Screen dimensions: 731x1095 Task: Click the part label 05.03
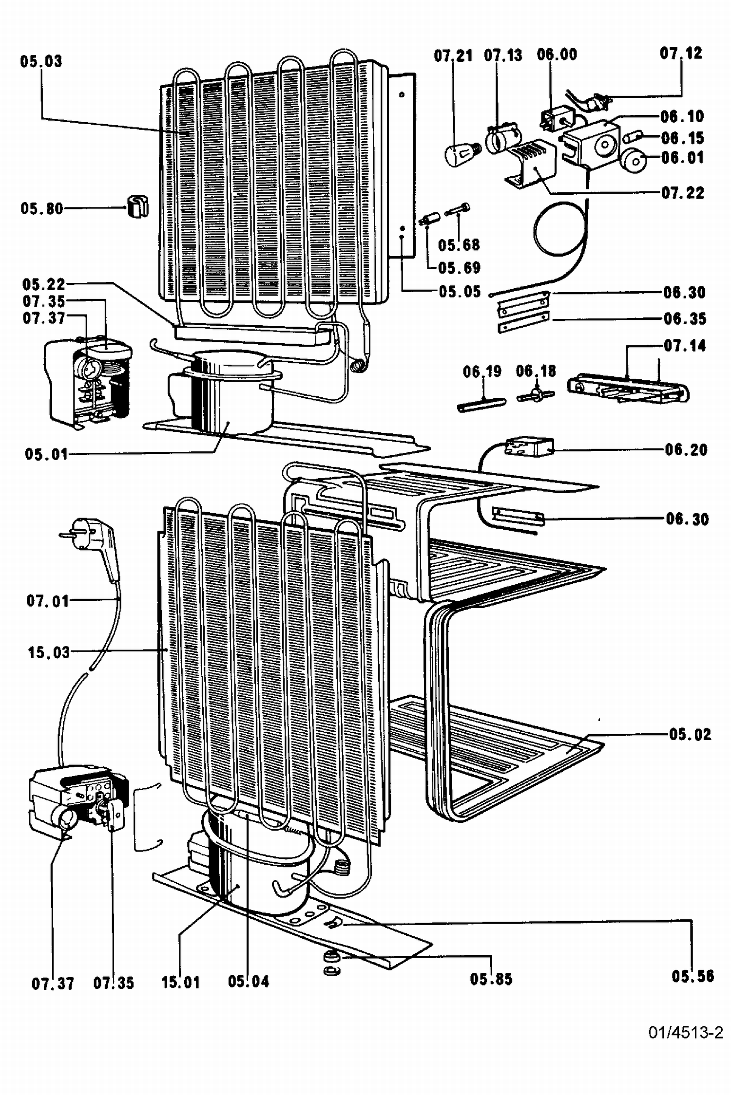point(41,62)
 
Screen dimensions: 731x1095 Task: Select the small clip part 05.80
point(138,206)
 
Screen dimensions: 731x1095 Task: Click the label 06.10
point(682,116)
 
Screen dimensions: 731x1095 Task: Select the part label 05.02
point(690,734)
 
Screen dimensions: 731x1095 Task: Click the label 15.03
point(49,652)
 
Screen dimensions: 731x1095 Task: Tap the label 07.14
point(685,346)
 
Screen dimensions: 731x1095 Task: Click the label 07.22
point(683,193)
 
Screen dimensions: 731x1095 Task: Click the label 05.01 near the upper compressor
point(46,454)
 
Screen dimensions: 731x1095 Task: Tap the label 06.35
point(685,319)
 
